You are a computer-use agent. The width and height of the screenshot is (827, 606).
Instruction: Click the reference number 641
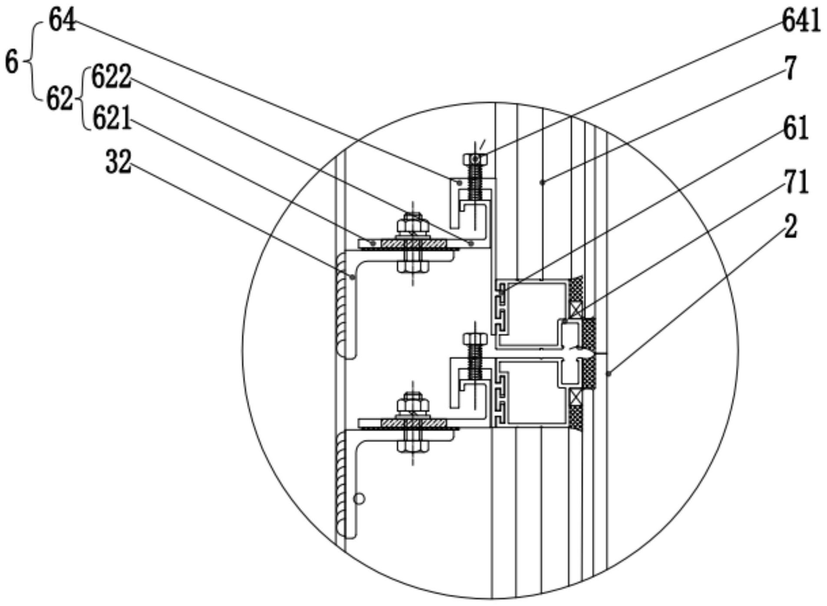(801, 21)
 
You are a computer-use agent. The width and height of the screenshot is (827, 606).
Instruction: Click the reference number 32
(118, 162)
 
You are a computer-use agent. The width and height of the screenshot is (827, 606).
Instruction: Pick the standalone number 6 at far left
(12, 62)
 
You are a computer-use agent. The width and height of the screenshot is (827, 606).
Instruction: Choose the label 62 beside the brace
(60, 99)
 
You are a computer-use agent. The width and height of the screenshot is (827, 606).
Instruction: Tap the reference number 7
(791, 68)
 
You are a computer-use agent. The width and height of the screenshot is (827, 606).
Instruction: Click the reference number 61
(796, 128)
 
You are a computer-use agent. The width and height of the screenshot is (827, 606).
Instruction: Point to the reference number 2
(791, 226)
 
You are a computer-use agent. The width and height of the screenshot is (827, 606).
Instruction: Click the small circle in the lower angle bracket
(359, 499)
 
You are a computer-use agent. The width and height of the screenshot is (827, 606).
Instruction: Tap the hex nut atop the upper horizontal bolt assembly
(413, 224)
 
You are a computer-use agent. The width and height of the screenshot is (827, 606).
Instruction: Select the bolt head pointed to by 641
(475, 159)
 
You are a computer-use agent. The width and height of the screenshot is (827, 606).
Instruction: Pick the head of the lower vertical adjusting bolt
(475, 338)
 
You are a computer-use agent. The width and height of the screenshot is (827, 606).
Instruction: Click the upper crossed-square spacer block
(576, 310)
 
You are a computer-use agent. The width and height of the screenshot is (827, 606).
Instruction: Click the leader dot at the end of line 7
(542, 183)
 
